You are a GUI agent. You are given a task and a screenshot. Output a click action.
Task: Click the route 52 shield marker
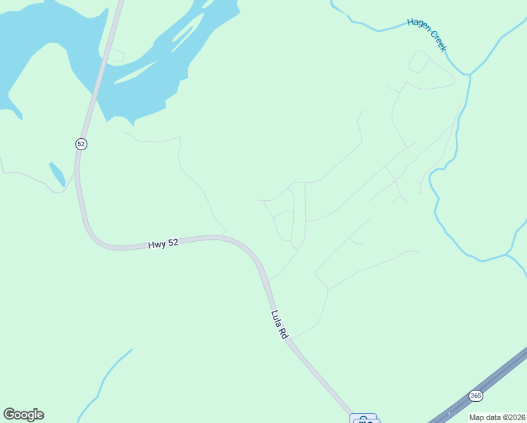(81, 144)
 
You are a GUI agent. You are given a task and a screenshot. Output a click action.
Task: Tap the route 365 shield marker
(476, 396)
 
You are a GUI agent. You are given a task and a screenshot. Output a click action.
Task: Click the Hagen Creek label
(427, 35)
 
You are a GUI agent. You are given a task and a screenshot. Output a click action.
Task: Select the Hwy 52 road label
(163, 244)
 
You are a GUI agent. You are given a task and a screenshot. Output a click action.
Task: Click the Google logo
(23, 415)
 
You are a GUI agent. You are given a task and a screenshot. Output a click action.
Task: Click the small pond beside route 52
(57, 174)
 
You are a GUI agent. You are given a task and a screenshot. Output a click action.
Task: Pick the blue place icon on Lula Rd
(364, 419)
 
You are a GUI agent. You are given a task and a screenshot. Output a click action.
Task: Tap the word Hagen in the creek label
(418, 27)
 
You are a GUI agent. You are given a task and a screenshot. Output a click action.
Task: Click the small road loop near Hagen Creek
(418, 61)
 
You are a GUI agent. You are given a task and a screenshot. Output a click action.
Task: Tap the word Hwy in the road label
(156, 245)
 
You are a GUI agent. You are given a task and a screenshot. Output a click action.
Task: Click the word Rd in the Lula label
(285, 334)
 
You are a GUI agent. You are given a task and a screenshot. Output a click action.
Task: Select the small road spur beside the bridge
(116, 54)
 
